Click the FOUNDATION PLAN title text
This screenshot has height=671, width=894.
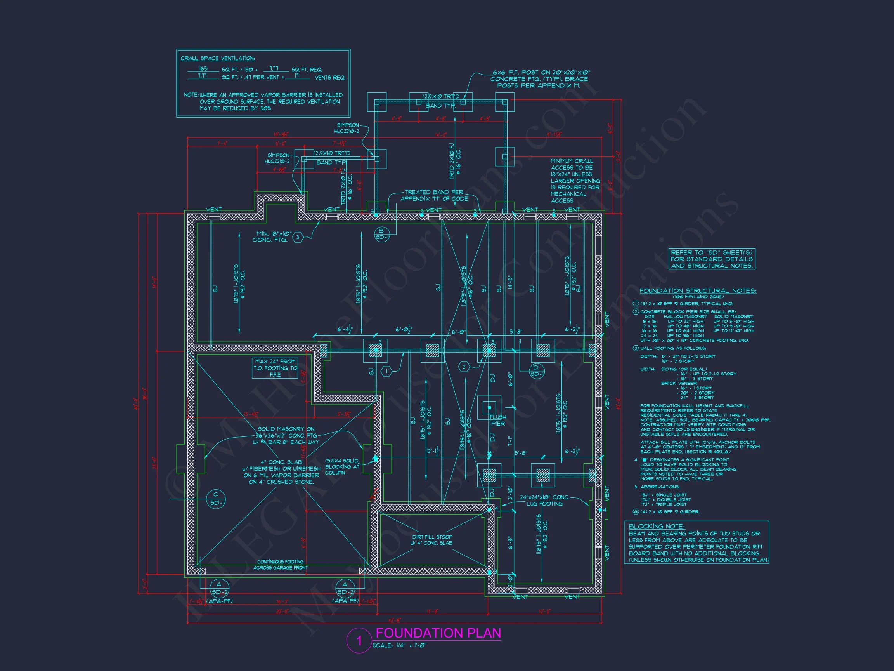(438, 633)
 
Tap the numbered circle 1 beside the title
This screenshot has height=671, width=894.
(359, 641)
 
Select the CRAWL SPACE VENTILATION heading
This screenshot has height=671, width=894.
(217, 58)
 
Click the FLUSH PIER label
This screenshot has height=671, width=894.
(497, 420)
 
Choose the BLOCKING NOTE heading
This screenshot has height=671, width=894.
(657, 526)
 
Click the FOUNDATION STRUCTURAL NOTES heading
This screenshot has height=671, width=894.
(698, 290)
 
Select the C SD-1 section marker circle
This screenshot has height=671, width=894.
(216, 499)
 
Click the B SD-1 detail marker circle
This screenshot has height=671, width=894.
(381, 234)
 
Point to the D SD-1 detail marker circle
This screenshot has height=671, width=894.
(536, 370)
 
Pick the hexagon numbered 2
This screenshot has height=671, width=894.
(464, 367)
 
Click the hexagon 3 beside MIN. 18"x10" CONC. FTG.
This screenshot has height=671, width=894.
(298, 237)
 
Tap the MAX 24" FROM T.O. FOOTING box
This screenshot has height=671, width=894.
(275, 368)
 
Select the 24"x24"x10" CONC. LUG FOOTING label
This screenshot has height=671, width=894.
(544, 500)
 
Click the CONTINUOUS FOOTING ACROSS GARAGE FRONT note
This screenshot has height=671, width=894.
(280, 564)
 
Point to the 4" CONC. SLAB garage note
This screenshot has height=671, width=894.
(281, 471)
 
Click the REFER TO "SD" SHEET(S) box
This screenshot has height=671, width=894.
(712, 259)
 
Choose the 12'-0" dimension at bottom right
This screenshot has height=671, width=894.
(544, 611)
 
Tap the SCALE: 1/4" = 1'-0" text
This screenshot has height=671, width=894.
(399, 645)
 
